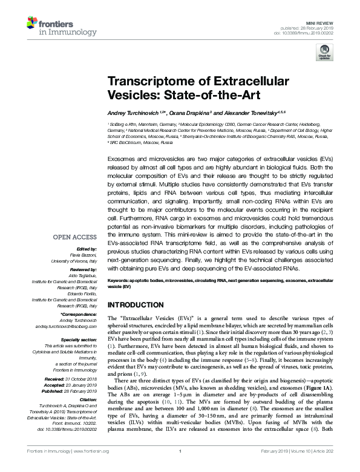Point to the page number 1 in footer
pos(180,468)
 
